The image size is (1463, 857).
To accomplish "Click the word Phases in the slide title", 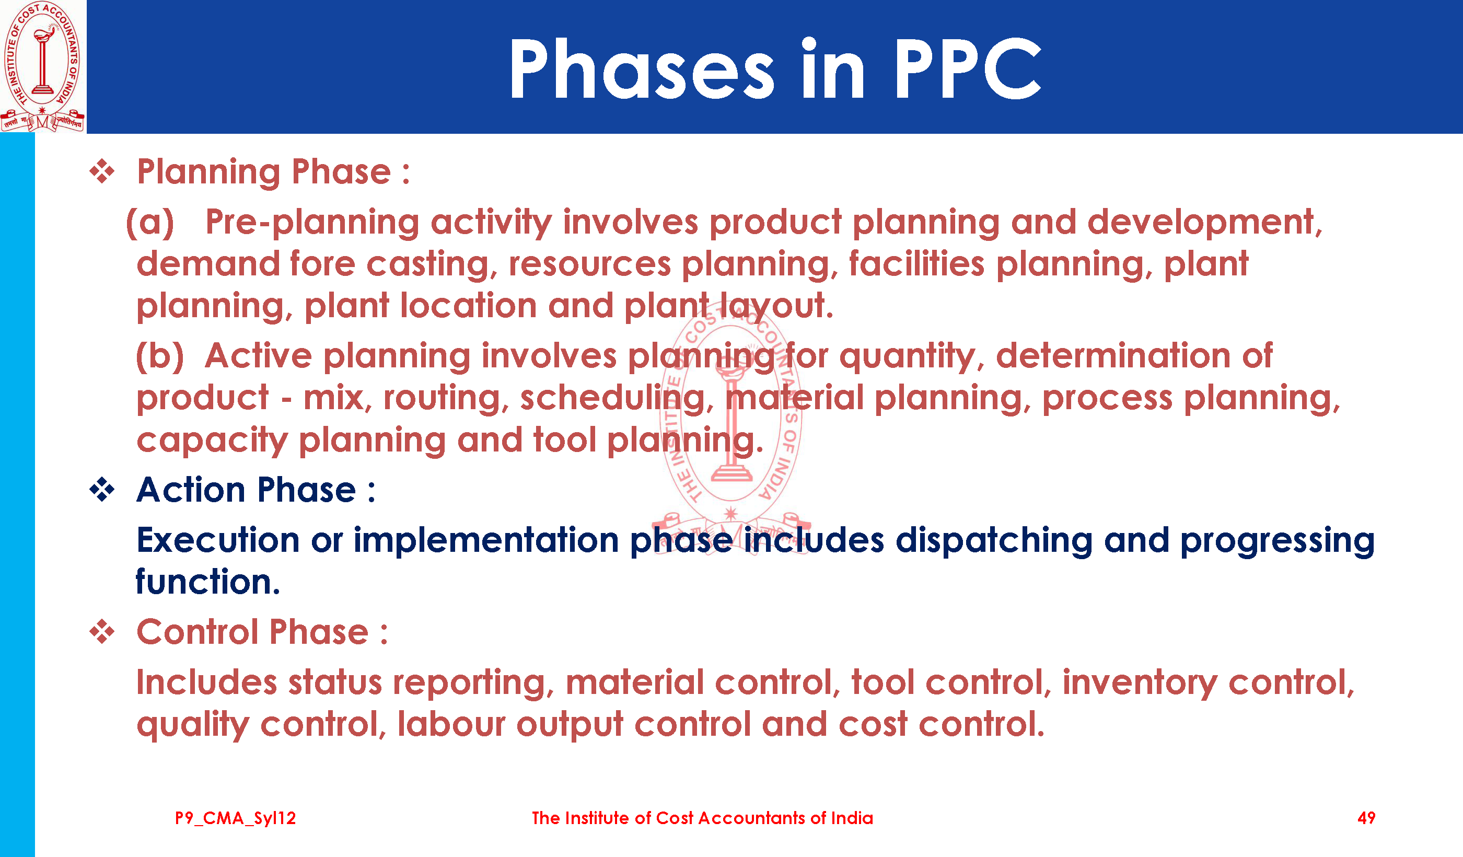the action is coord(642,68).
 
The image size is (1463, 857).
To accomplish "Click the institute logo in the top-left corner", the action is coord(42,66).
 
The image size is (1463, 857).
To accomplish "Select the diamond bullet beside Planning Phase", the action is coord(102,171).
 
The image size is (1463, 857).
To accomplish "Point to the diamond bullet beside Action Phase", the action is coord(102,490).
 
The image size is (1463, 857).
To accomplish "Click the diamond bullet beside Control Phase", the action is coord(102,632).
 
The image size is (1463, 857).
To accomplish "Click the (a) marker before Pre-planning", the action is coord(150,223).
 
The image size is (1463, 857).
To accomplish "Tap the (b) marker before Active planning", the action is coord(160,356).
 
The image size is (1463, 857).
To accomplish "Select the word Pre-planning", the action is coord(312,223).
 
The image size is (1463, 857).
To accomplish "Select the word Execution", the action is coord(218,540).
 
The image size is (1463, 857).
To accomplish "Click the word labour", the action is coord(451,724).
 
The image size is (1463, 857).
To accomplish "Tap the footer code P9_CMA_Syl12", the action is coord(235,818).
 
